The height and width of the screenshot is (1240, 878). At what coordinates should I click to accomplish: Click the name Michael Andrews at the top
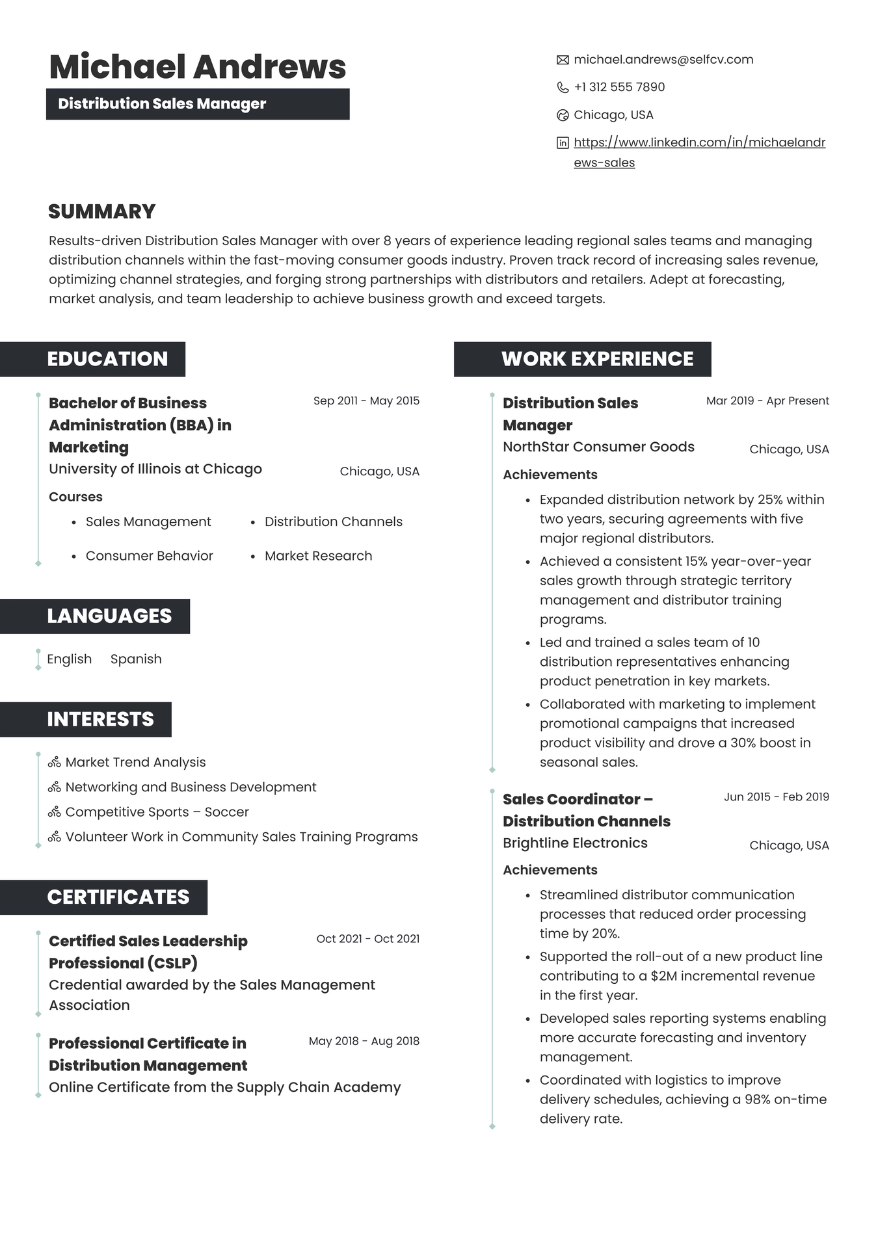(x=197, y=67)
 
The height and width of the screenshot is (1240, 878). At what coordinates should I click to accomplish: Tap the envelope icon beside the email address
(x=563, y=60)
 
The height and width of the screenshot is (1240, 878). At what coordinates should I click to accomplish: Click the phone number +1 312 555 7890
(x=619, y=87)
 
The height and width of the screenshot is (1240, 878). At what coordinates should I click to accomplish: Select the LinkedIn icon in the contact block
(x=563, y=143)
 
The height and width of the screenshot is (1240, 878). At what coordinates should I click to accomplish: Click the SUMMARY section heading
(x=101, y=211)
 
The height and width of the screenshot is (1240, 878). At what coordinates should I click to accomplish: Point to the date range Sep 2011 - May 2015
(x=366, y=401)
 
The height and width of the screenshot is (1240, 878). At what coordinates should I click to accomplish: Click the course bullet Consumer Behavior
(x=149, y=556)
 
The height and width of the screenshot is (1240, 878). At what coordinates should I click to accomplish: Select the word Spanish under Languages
(x=136, y=659)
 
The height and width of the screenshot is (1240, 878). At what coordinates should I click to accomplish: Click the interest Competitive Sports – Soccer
(x=157, y=812)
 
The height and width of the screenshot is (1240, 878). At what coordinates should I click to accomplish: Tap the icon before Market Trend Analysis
(x=55, y=762)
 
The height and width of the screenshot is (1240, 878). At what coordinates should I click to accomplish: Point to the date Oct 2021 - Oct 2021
(x=367, y=939)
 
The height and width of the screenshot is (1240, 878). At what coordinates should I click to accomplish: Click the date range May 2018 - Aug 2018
(x=364, y=1041)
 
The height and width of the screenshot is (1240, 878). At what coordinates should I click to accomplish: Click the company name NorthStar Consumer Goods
(x=598, y=447)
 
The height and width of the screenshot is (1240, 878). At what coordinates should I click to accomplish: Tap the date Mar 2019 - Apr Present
(x=767, y=401)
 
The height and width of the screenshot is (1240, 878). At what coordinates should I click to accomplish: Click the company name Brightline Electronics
(x=575, y=843)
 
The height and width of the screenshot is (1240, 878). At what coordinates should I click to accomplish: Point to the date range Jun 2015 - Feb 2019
(x=776, y=797)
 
